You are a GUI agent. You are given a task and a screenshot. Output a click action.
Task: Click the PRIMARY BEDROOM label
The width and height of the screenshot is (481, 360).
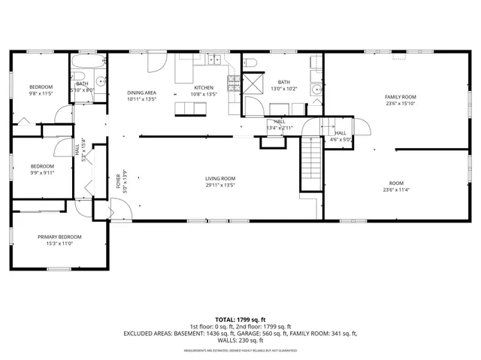click(x=59, y=237)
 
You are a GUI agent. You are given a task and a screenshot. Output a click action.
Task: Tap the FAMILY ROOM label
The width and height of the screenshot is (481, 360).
click(x=400, y=97)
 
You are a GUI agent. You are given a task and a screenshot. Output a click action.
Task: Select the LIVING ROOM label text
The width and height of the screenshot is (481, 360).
click(x=220, y=178)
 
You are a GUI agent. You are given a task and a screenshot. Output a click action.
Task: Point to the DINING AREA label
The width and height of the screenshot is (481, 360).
click(x=141, y=92)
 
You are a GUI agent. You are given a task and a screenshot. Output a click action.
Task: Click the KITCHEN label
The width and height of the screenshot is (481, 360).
click(x=204, y=87)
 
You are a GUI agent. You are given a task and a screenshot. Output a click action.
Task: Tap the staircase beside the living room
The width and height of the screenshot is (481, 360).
click(x=310, y=165)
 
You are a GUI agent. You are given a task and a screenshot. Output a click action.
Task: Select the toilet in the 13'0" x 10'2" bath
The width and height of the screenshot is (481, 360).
click(x=250, y=62)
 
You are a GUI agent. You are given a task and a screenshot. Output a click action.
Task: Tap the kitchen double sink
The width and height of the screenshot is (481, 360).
click(x=213, y=61)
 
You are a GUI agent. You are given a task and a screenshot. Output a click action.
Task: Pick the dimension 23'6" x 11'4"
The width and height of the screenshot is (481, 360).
click(x=396, y=190)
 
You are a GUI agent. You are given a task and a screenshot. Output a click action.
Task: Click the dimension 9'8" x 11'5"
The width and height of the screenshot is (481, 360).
click(x=41, y=94)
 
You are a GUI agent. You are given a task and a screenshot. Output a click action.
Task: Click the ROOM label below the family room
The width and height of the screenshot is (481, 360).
click(x=396, y=183)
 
